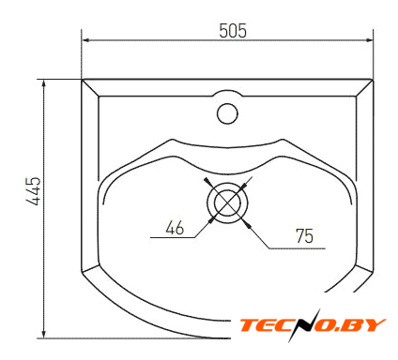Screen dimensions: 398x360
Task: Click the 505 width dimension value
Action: click(x=233, y=31)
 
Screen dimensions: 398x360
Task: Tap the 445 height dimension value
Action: click(x=34, y=191)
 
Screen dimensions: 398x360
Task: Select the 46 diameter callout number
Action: click(x=175, y=228)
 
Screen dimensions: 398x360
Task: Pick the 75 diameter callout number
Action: click(x=304, y=236)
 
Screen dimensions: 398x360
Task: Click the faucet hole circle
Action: click(x=227, y=113)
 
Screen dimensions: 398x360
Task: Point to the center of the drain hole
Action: click(x=227, y=202)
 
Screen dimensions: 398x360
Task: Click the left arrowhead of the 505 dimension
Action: click(x=86, y=40)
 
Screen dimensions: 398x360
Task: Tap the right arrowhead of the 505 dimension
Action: click(x=369, y=40)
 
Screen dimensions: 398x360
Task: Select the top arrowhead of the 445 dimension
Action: click(x=44, y=84)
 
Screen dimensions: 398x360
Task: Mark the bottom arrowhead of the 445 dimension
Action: click(x=44, y=334)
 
